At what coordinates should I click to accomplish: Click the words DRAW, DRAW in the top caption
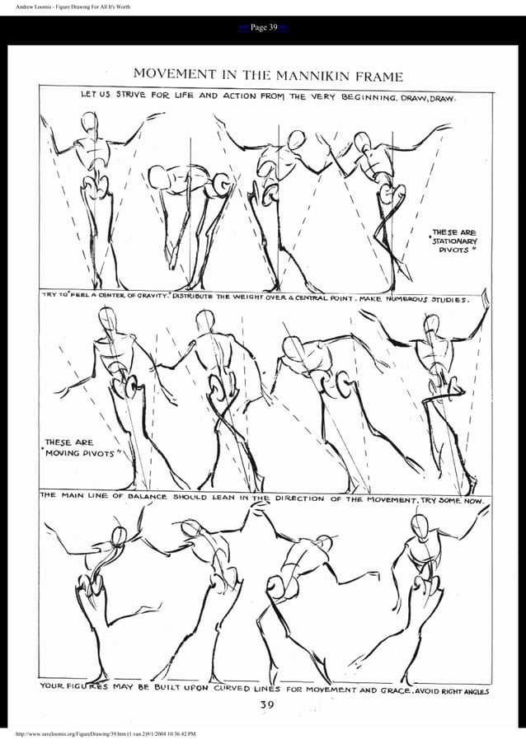coord(428,96)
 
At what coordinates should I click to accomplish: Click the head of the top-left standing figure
coord(90,124)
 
